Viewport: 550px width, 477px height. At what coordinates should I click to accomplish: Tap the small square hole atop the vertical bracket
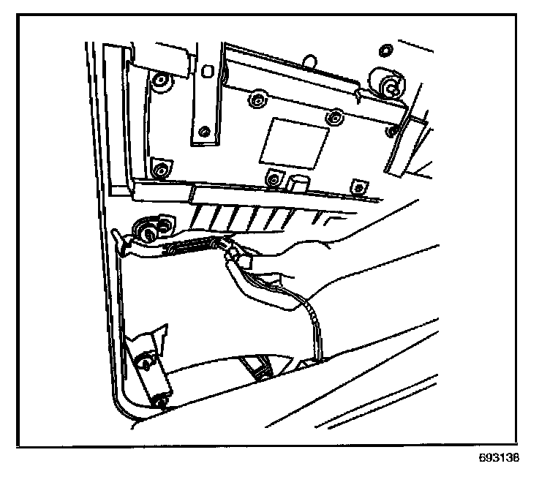208,71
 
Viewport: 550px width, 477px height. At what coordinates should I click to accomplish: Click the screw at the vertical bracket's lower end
205,132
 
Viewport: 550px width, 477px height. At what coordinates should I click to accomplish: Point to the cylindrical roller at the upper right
385,83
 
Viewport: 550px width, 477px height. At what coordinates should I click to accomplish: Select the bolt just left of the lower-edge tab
274,176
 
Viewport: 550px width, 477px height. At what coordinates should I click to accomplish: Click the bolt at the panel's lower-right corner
357,184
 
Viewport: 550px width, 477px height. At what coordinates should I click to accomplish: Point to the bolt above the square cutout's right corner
334,116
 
